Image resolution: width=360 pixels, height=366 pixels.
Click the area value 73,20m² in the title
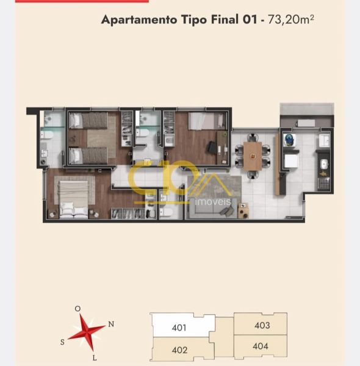coord(290,20)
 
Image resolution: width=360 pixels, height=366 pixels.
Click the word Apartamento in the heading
coord(139,20)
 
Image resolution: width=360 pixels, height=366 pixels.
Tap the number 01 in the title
coord(250,20)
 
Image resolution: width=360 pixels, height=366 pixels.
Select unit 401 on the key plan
coord(179,328)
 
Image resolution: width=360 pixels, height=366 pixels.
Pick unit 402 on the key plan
coord(179,350)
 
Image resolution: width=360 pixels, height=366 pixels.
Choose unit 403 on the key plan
coord(262,325)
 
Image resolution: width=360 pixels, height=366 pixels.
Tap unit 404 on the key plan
coord(261,346)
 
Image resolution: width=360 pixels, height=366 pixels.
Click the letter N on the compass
coord(111,324)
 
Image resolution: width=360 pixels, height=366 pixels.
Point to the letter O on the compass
coord(77,309)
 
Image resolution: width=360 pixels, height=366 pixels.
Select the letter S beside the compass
coord(62,342)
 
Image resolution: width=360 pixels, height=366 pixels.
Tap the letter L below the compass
coord(95,358)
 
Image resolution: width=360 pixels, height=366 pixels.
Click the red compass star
coord(87,332)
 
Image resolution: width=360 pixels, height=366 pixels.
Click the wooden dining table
coord(253,156)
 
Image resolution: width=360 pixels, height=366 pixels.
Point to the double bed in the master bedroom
coord(74,199)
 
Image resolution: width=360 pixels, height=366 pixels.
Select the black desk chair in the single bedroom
coord(212,148)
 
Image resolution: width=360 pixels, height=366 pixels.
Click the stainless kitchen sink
coord(324,164)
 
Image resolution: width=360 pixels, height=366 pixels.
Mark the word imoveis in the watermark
coord(213,201)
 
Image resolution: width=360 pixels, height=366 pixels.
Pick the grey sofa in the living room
coord(212,209)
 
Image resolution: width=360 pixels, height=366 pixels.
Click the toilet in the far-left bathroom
coord(47,135)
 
